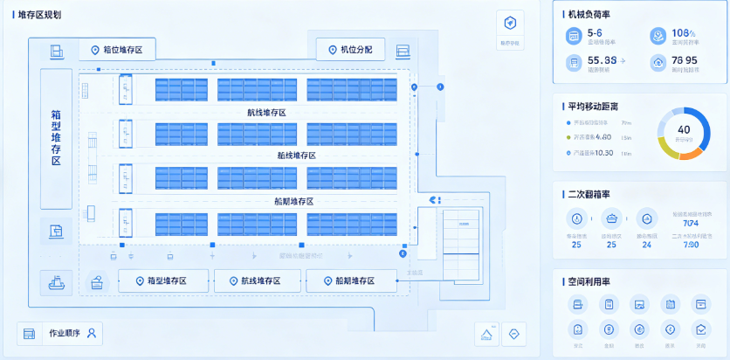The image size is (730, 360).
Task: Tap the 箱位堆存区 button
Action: tap(117, 51)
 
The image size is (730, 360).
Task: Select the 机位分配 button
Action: tap(349, 50)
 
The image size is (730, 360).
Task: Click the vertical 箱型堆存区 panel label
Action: tap(56, 137)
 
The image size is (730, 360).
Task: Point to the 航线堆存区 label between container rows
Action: tap(266, 113)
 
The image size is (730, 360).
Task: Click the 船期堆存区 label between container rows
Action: tap(293, 201)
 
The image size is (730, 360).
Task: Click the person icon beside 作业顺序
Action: tap(91, 333)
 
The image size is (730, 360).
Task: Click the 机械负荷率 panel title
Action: tap(590, 14)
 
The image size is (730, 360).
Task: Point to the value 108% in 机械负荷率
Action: tap(682, 32)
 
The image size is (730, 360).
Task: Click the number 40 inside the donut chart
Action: tap(684, 129)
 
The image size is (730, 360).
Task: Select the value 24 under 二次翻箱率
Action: tap(646, 245)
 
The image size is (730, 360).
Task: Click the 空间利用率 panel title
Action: tap(590, 280)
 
